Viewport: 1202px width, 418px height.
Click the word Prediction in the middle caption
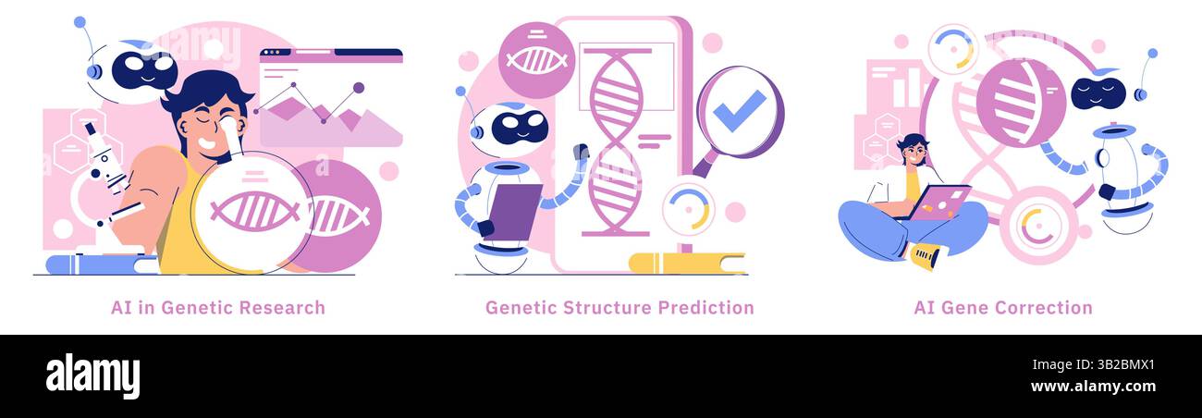(x=705, y=308)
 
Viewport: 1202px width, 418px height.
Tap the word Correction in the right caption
(x=1048, y=308)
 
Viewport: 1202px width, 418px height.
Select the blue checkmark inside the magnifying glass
(x=739, y=111)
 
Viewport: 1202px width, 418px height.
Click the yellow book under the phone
(x=687, y=264)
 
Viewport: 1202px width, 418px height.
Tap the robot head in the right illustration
(x=1100, y=92)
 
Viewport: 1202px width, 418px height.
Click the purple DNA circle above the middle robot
(x=536, y=60)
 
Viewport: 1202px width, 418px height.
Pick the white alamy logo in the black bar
(x=92, y=376)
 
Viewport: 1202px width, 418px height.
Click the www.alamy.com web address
(x=1092, y=386)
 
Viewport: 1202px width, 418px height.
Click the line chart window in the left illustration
(x=330, y=98)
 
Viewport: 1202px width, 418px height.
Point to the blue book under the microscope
(x=102, y=264)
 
